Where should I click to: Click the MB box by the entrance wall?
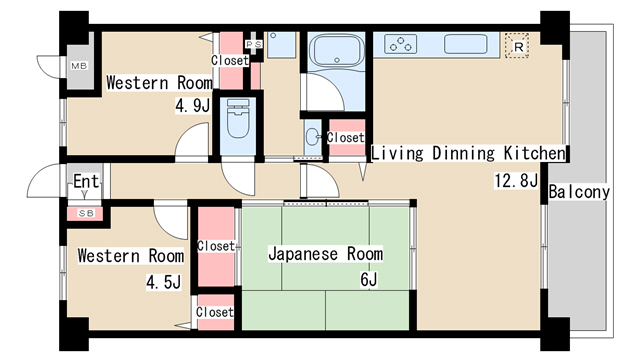pos(78,66)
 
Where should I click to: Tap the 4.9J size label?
pos(192,105)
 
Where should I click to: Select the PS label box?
pos(254,44)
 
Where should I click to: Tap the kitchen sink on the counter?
pos(465,44)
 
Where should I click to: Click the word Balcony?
pos(579,192)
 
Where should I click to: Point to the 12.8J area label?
pos(516,181)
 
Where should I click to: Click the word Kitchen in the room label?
pos(532,153)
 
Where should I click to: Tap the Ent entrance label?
pos(86,182)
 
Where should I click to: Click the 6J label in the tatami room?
pos(368,280)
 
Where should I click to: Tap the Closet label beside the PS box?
pos(230,60)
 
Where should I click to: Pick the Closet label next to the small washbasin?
pos(346,137)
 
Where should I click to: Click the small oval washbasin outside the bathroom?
pos(313,137)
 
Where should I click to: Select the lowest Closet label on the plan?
pos(215,312)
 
